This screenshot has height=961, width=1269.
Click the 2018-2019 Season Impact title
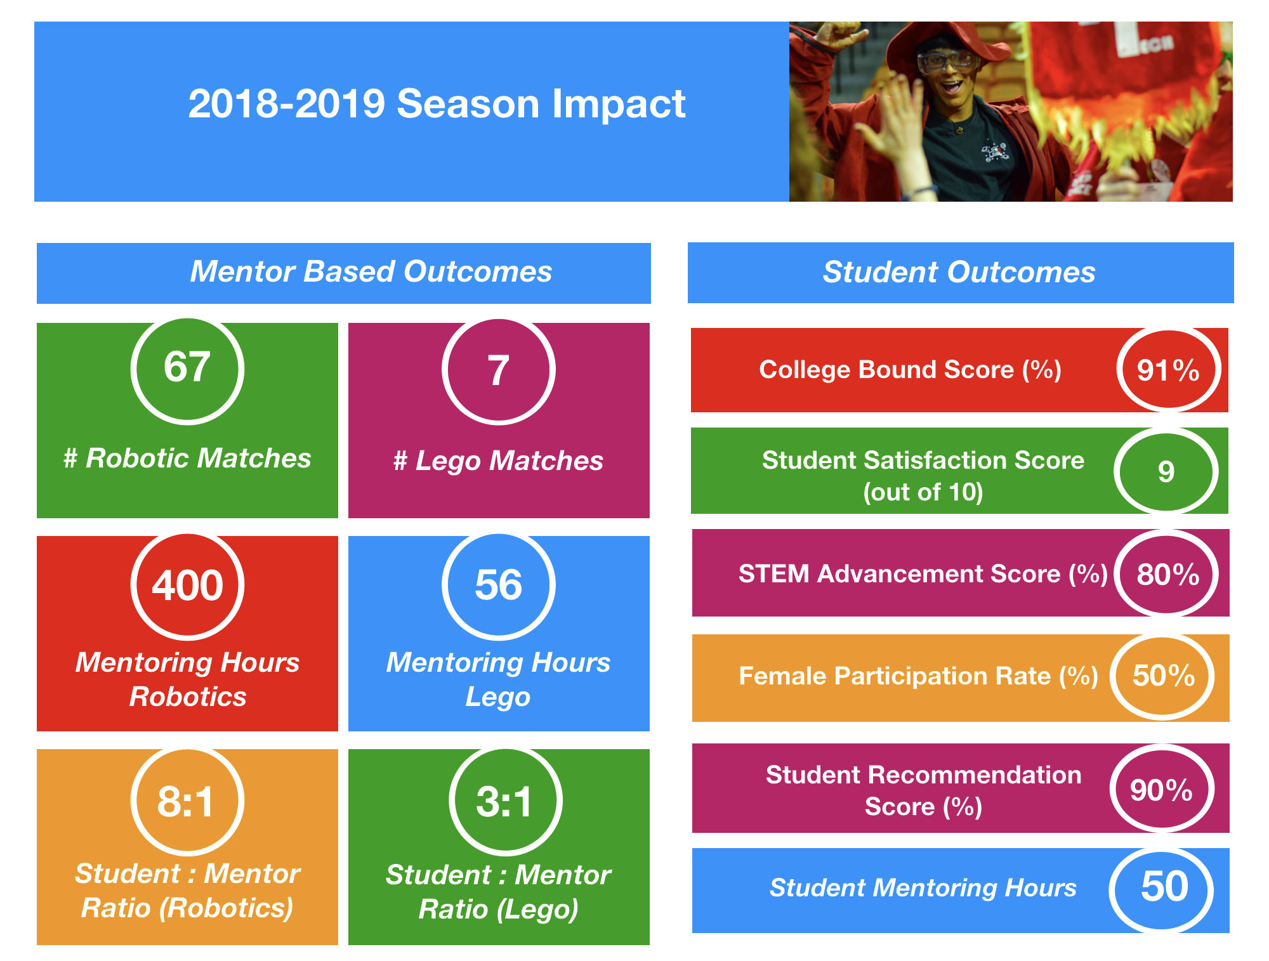coord(437,103)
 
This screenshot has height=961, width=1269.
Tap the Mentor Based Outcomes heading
coord(371,271)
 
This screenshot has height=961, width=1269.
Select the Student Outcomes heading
coord(959,272)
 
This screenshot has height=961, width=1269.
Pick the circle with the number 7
coord(498,370)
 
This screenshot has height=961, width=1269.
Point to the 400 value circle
coord(187,585)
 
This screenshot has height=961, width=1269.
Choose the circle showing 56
coord(498,585)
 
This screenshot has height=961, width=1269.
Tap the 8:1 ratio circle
coord(187,801)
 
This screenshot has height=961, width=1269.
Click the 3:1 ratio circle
coord(505,801)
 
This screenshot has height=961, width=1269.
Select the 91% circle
coord(1168,370)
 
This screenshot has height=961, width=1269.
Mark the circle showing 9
coord(1166,471)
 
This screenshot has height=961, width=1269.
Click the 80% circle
coord(1167,573)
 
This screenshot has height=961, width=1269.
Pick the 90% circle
coord(1162,789)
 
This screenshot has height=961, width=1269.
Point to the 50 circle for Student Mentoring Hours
coord(1162,889)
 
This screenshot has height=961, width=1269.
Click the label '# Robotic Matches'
coord(187,458)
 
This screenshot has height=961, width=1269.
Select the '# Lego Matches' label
coord(498,461)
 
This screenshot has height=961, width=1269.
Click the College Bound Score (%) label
coord(910,370)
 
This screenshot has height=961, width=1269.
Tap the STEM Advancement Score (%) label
coord(923,573)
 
